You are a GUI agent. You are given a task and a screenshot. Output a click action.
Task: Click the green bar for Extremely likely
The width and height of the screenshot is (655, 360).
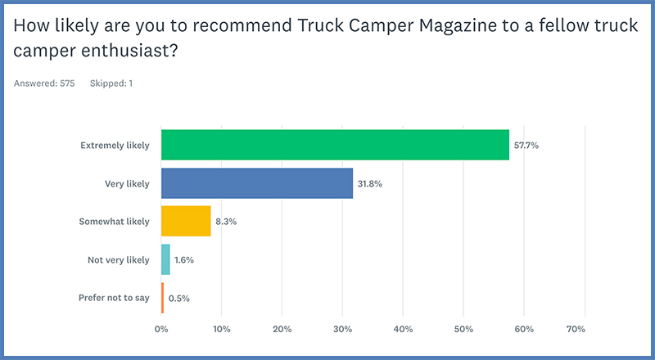coord(335,145)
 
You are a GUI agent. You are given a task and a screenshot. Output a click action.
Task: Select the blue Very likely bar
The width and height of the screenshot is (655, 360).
coord(257,183)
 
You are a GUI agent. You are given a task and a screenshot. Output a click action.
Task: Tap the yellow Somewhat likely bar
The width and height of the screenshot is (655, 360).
coord(186,221)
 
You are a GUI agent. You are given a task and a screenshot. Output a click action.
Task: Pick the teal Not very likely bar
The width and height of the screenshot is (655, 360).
coord(165,259)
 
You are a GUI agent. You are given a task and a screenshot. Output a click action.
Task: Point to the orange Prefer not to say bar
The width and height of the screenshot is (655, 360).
coord(162,298)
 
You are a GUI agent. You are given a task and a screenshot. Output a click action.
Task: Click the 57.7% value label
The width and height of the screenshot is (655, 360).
coord(526,146)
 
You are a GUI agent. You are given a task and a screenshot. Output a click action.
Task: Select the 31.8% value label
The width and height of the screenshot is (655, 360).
coord(370,184)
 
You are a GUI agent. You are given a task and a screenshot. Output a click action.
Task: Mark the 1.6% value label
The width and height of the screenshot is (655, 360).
coord(184,260)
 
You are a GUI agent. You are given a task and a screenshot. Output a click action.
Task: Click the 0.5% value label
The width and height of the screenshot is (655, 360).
coord(179,299)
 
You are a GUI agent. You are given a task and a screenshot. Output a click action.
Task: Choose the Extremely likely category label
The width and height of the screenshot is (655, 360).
coord(115,146)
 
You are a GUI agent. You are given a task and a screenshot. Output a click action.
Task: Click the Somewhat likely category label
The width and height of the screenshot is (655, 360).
coord(114,222)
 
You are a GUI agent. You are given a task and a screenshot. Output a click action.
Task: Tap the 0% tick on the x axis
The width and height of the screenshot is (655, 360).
coord(161,329)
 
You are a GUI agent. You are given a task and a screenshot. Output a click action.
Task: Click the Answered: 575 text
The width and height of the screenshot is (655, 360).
coord(44,83)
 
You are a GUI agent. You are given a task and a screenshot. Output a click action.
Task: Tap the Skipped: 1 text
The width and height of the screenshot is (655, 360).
coord(109,83)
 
